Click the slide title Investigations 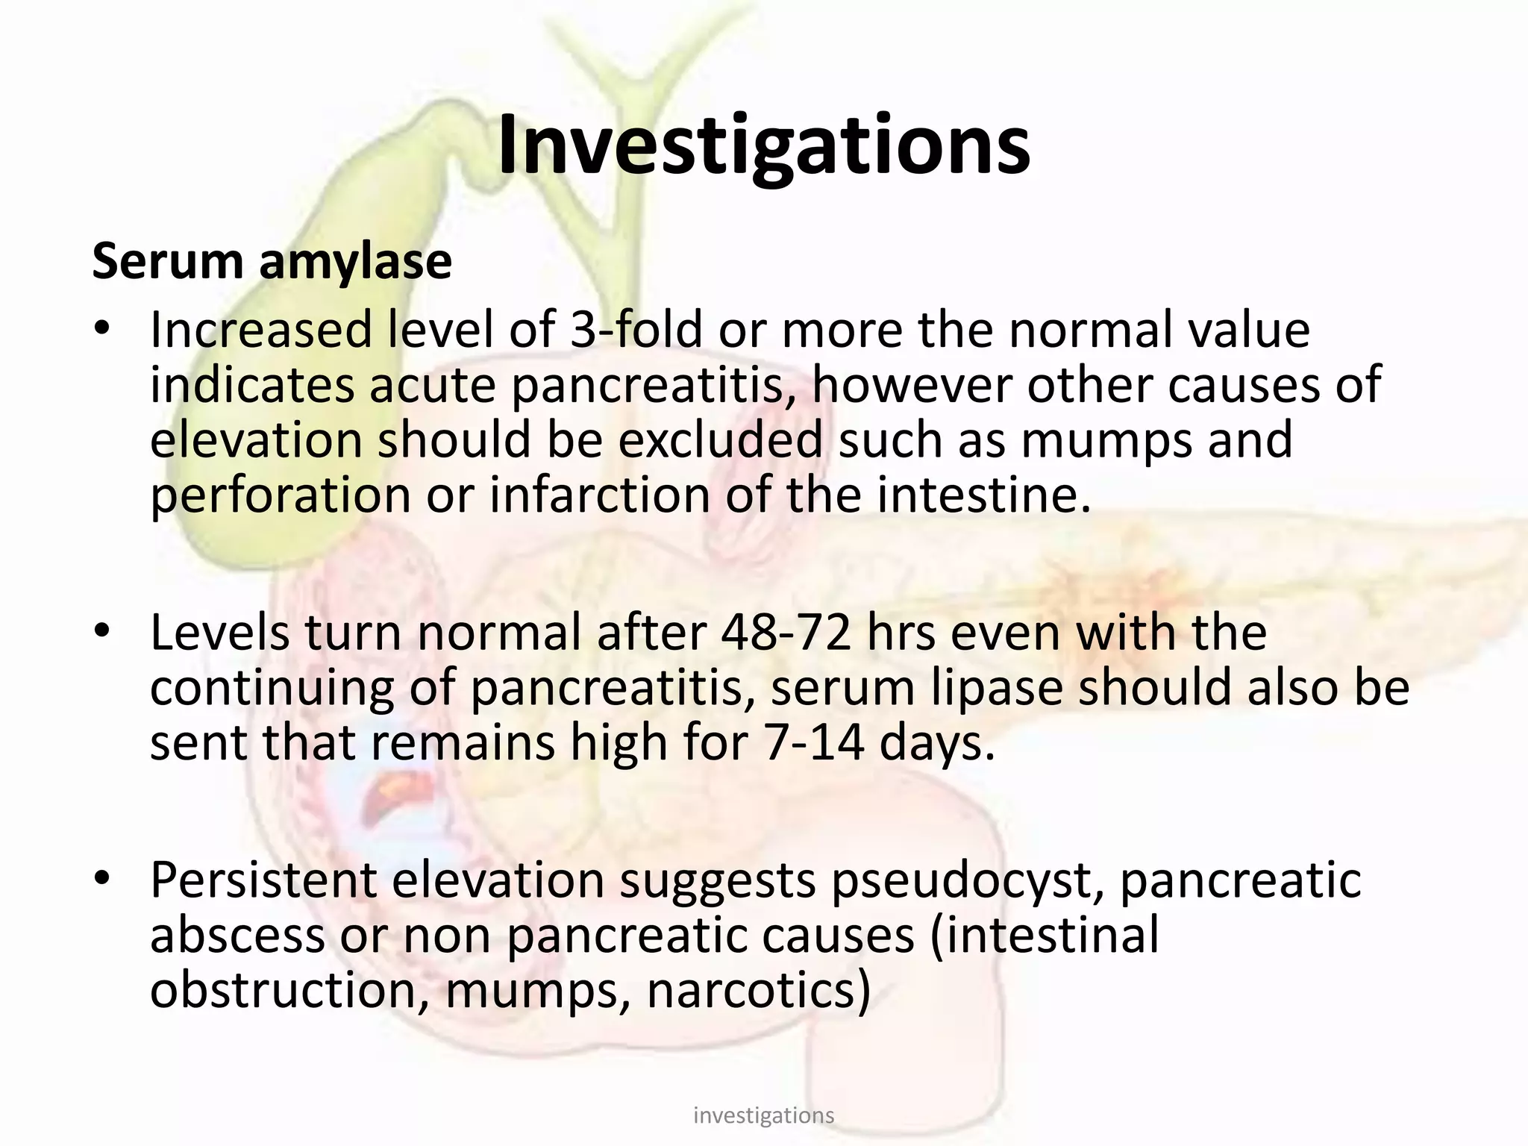(x=763, y=145)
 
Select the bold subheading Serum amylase (x=272, y=262)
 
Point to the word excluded (x=719, y=440)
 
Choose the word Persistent (x=263, y=881)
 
